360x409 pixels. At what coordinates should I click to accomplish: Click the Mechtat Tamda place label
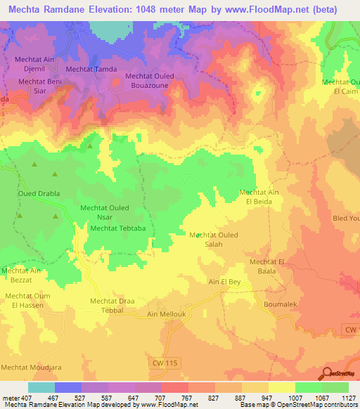(x=91, y=70)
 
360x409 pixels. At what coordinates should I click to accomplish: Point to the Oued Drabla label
(x=39, y=193)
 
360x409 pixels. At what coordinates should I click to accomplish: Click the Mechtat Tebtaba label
(x=117, y=228)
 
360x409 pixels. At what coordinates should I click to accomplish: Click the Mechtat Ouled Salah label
(x=214, y=239)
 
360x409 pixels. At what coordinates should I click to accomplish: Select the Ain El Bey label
(x=226, y=282)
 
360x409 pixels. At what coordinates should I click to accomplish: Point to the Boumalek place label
(x=281, y=304)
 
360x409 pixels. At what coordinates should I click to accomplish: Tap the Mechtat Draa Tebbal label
(x=112, y=306)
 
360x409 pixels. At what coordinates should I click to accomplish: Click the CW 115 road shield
(x=167, y=362)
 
